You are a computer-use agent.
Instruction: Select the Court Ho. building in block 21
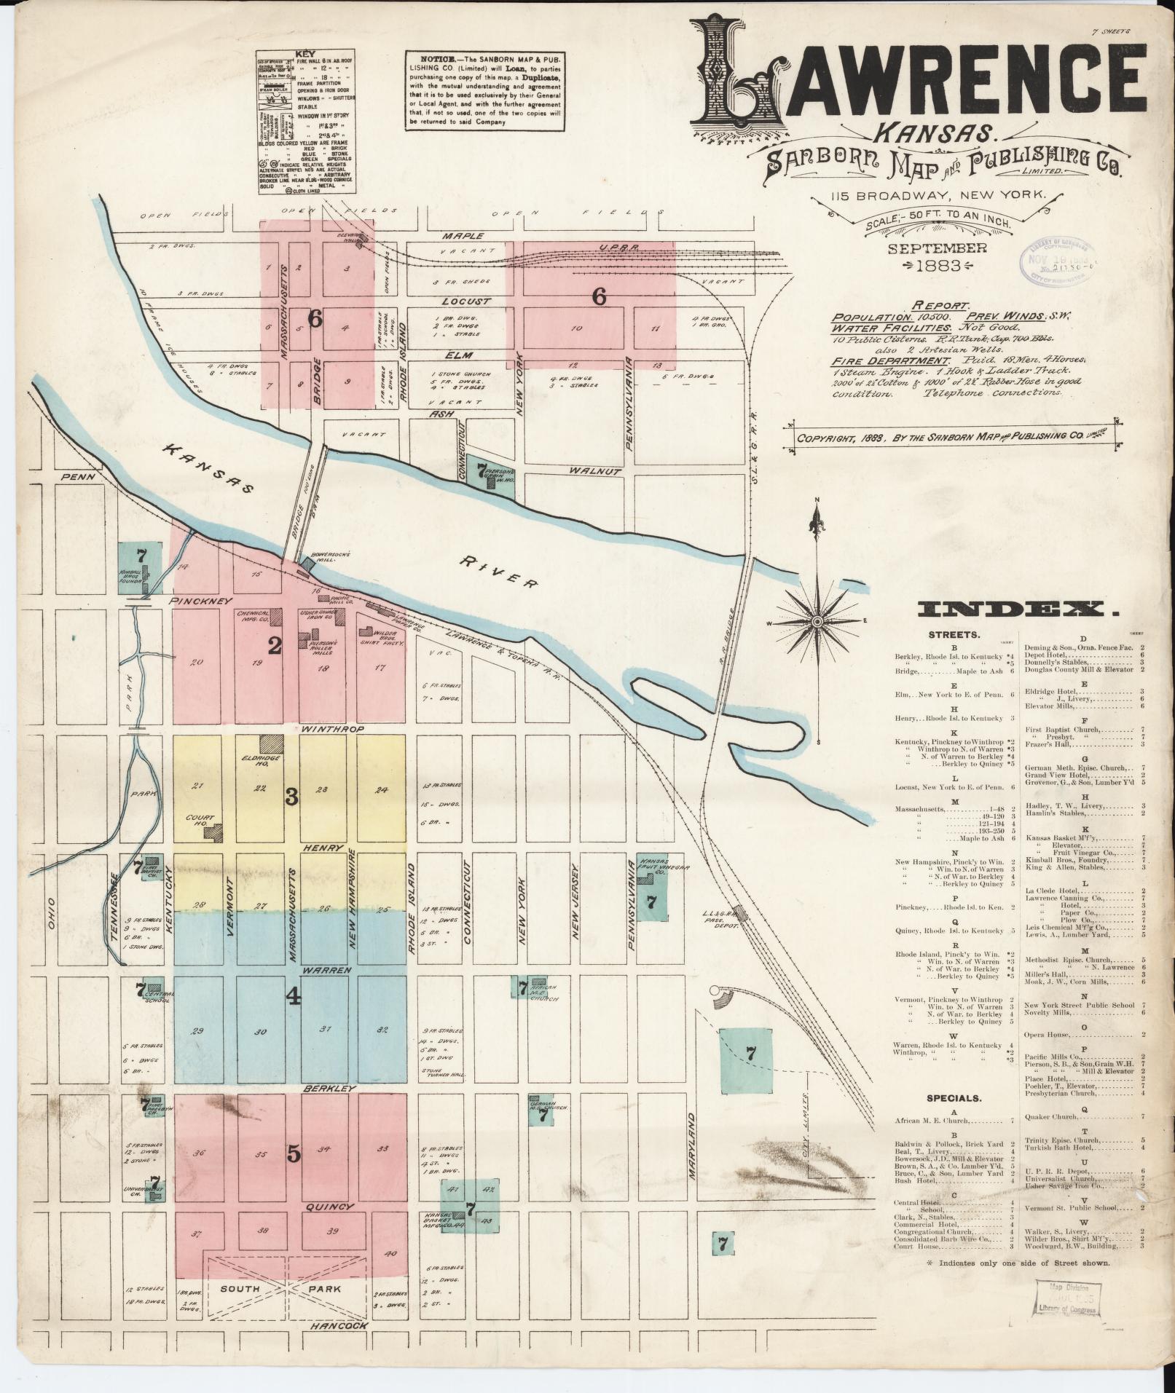(x=213, y=832)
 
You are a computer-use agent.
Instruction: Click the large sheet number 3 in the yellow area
(x=291, y=797)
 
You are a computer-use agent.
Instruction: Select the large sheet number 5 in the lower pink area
(x=294, y=1173)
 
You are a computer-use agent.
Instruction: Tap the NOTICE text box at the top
(x=485, y=91)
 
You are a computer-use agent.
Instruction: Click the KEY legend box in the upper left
(x=306, y=122)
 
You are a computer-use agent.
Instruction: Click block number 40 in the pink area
(x=390, y=1254)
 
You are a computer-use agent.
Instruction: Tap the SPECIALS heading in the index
(x=954, y=1098)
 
